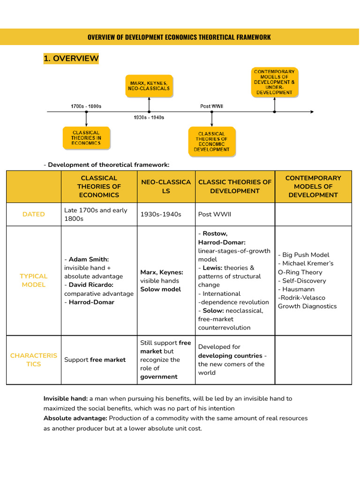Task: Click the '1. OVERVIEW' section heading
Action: pos(71,59)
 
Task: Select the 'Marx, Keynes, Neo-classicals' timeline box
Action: pos(149,86)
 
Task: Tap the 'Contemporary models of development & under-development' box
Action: pos(275,82)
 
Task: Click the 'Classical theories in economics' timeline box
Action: pos(86,138)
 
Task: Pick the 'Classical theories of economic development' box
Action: pos(212,142)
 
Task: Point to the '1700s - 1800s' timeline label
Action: pos(86,106)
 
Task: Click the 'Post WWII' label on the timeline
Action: pos(212,106)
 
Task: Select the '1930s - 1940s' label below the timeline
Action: pos(149,117)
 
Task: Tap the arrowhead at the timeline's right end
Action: pos(311,112)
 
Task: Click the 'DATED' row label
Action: pos(34,214)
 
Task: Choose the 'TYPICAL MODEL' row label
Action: pos(34,280)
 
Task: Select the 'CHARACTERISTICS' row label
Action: pos(34,360)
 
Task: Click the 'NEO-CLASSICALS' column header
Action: pos(166,186)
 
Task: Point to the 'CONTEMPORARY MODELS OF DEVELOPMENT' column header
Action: pos(313,186)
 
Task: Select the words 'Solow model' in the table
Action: pos(160,289)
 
